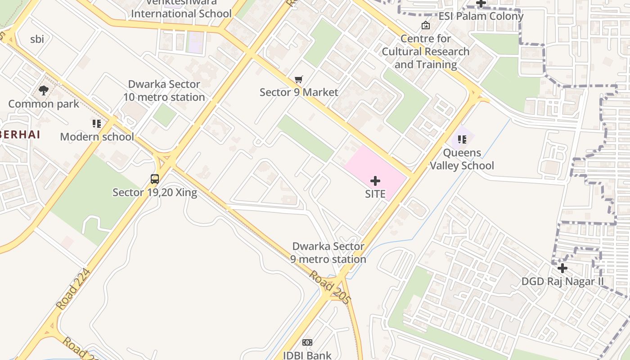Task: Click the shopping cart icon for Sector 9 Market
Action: tap(298, 80)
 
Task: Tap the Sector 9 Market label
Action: tap(299, 92)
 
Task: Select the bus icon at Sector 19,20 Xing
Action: tap(155, 179)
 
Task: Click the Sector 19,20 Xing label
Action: tap(155, 193)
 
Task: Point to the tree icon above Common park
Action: tap(44, 91)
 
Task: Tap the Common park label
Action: tap(44, 104)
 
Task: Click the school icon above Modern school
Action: tap(97, 123)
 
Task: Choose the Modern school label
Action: tap(97, 137)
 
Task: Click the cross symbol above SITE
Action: tap(375, 181)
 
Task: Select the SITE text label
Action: tap(375, 194)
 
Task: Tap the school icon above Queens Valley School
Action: tap(462, 139)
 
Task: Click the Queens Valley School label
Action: tap(462, 159)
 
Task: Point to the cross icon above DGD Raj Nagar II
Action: tap(562, 269)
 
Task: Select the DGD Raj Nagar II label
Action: tap(562, 282)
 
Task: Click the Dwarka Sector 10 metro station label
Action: tap(164, 90)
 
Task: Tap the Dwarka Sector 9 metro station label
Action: tap(328, 253)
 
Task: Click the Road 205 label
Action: tap(329, 287)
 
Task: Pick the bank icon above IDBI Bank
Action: tap(307, 342)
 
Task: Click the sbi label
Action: tap(37, 39)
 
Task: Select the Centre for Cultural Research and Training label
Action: tap(426, 52)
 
